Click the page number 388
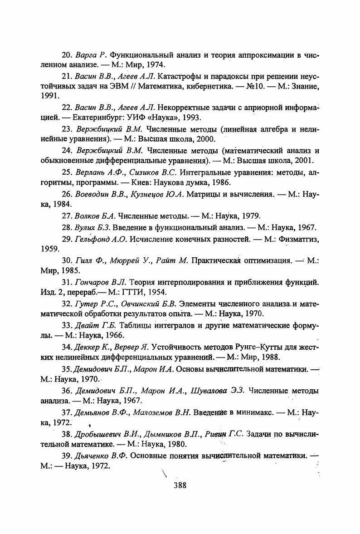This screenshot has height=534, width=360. click(x=180, y=485)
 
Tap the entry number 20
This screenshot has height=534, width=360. click(x=67, y=55)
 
